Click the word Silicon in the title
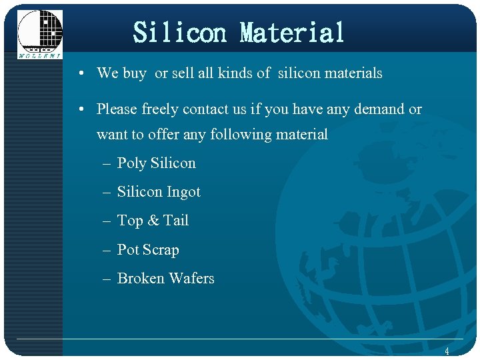point(180,32)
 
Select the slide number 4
point(447,351)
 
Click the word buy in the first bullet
point(135,73)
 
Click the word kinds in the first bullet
point(236,73)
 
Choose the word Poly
point(131,163)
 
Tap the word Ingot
point(183,192)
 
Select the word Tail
point(176,221)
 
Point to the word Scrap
point(161,250)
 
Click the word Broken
point(140,279)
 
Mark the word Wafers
point(191,279)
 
